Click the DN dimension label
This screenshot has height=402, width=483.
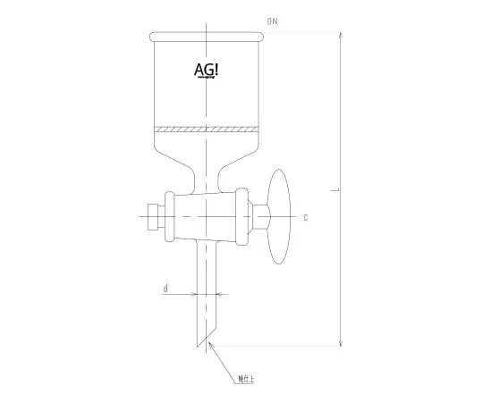click(273, 20)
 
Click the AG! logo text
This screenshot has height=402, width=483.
click(207, 71)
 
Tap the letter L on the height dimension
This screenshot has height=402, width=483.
click(334, 190)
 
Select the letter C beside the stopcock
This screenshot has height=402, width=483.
click(306, 217)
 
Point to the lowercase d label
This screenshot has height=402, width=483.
click(165, 289)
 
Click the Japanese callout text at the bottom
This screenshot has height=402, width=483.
click(245, 379)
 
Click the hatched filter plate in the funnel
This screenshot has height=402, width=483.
click(208, 129)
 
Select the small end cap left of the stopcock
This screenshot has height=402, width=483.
click(151, 215)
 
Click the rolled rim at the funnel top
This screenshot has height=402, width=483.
click(208, 37)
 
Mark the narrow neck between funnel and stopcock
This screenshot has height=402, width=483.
click(208, 179)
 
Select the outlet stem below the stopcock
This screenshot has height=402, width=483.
click(208, 286)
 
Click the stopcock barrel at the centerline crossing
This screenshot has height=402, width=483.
click(208, 215)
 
